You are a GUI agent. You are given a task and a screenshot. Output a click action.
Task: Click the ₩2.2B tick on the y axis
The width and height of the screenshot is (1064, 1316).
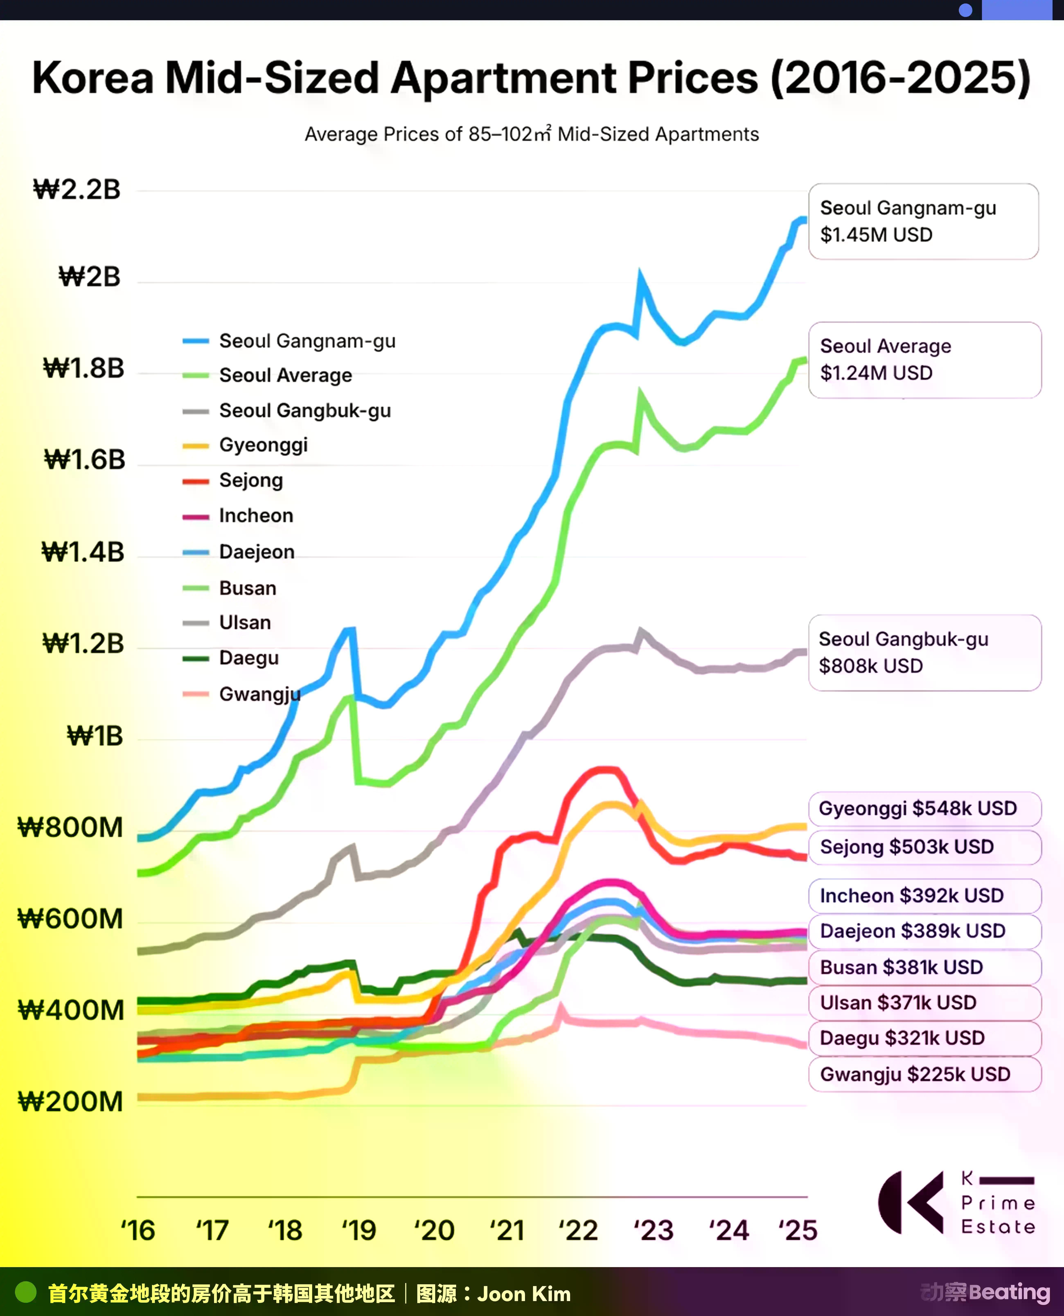77,189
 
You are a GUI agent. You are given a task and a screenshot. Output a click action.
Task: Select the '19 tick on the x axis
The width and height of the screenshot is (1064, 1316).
358,1230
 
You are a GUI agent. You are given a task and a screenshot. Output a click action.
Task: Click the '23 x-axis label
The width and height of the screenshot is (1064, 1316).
653,1230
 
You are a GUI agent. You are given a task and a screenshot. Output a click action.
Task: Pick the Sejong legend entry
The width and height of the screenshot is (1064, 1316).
233,481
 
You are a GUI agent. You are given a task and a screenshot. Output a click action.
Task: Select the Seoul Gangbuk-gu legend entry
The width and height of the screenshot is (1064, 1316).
286,411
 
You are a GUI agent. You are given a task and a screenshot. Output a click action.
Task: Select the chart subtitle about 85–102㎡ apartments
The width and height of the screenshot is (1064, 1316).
531,134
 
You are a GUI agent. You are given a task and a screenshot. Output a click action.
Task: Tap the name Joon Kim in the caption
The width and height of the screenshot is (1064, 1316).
524,1294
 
